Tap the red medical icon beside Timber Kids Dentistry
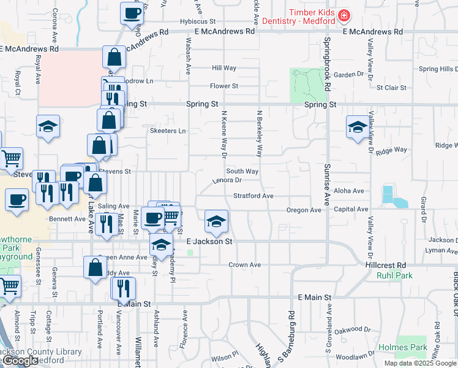(344, 15)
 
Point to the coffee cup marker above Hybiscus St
(132, 13)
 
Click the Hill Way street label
(224, 68)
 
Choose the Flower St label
(223, 86)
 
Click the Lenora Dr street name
(228, 180)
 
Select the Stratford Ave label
(253, 196)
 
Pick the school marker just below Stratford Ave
(216, 222)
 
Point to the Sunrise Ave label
(328, 184)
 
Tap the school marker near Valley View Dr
(358, 128)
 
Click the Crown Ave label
(245, 265)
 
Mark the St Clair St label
(391, 88)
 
